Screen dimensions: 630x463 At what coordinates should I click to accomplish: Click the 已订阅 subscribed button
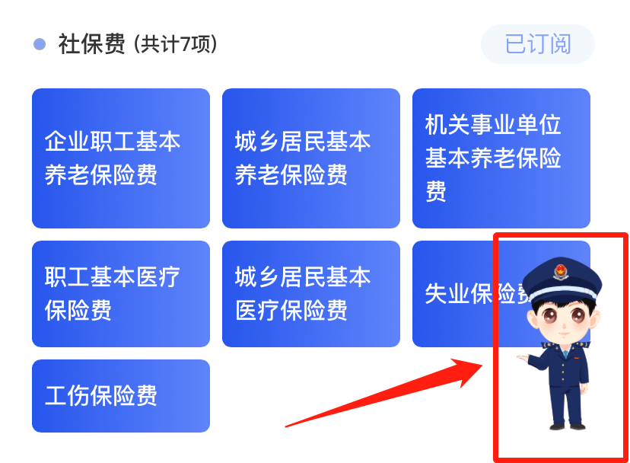pos(538,44)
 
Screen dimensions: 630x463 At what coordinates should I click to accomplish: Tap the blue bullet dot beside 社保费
pos(40,44)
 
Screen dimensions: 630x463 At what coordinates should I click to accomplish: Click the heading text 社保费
pos(91,44)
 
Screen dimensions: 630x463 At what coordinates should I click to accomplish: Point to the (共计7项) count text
pos(175,44)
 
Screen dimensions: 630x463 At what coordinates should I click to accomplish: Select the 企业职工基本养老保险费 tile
pos(121,158)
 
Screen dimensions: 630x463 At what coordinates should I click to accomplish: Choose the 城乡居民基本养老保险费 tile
pos(311,158)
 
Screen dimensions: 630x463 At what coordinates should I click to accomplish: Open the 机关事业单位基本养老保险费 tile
pos(501,158)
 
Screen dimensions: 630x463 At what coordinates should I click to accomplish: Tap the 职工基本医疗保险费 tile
pos(121,294)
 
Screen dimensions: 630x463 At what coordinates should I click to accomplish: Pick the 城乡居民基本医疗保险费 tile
pos(311,294)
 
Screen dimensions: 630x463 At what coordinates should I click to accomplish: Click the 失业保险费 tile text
pos(477,294)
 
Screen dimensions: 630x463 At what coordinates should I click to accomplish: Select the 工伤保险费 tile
pos(121,396)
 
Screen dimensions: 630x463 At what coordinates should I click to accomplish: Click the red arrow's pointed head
pos(482,365)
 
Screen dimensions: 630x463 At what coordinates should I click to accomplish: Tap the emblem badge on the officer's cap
pos(561,272)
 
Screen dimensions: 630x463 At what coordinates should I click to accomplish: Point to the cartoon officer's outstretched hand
pos(523,358)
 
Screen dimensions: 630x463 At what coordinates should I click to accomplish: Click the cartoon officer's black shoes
pos(568,426)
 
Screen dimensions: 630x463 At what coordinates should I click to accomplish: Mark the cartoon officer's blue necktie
pos(566,353)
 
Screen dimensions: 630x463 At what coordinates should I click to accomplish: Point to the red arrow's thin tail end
pos(286,426)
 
